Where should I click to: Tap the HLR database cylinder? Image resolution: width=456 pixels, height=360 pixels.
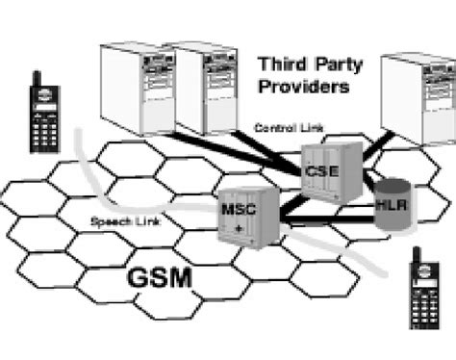pos(392,205)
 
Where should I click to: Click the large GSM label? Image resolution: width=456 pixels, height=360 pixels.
pos(159,280)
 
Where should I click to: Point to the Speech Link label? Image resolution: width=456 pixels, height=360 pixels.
pos(123,222)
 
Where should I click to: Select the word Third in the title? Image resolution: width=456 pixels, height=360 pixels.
pos(282,65)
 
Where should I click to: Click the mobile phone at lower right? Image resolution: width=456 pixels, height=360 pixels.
pos(422,293)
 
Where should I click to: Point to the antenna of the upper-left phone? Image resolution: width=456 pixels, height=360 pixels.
pos(37,78)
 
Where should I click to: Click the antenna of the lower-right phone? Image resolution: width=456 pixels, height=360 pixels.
pos(415,253)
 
